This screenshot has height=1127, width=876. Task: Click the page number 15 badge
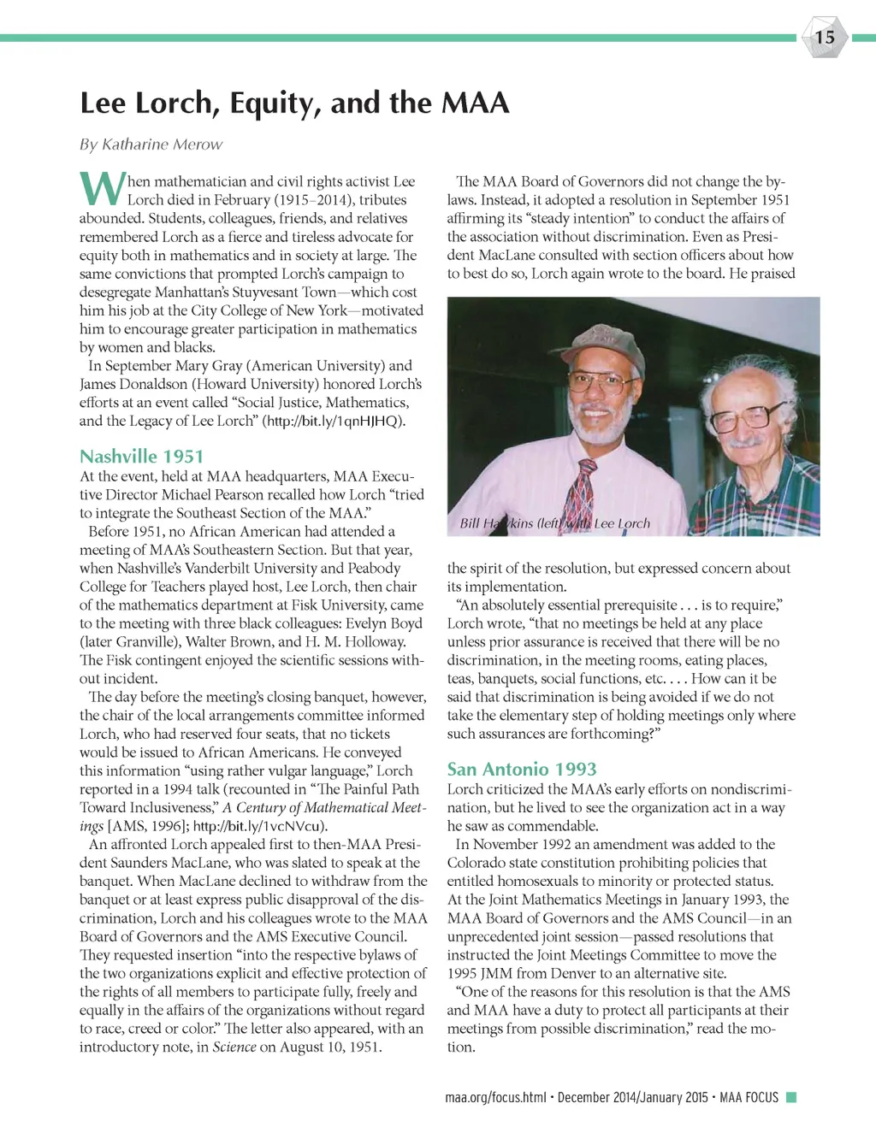tap(824, 37)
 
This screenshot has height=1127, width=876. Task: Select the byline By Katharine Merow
tap(151, 145)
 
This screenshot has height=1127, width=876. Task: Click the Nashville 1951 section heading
tap(141, 457)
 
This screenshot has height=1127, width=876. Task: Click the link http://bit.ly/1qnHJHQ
tap(333, 421)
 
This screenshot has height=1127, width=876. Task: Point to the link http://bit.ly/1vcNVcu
tap(259, 826)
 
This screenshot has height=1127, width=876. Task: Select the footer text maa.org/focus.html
tap(495, 1097)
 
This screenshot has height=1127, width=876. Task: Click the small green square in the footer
tap(791, 1097)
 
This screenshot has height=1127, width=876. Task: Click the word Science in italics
tap(234, 1047)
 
